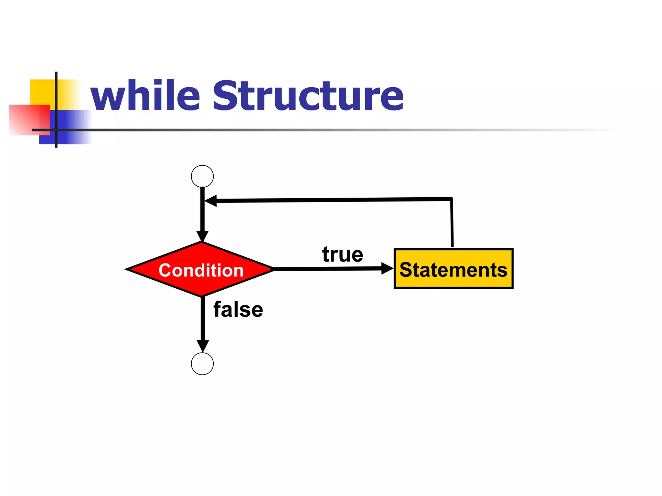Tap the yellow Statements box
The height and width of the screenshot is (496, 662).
(x=454, y=269)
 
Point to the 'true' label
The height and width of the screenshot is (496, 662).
(x=343, y=254)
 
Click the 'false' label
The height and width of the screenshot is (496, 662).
(x=238, y=310)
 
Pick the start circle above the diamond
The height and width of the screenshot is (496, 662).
(x=202, y=176)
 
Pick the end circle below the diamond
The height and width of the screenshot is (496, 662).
(x=202, y=364)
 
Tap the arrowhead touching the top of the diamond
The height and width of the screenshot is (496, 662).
(x=202, y=236)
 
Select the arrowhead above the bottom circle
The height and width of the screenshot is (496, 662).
(x=203, y=346)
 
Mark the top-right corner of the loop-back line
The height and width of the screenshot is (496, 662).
(x=452, y=199)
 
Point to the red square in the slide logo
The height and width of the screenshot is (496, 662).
(x=29, y=119)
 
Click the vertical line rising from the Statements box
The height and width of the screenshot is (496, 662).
(x=452, y=223)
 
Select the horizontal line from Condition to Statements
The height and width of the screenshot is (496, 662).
(x=326, y=269)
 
